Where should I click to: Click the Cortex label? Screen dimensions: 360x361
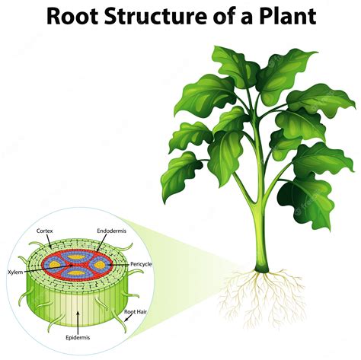pos(44,230)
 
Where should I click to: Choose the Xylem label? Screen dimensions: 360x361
pos(15,271)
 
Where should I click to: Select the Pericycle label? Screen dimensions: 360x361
pos(141,263)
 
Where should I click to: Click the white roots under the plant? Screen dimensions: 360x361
pos(259,293)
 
